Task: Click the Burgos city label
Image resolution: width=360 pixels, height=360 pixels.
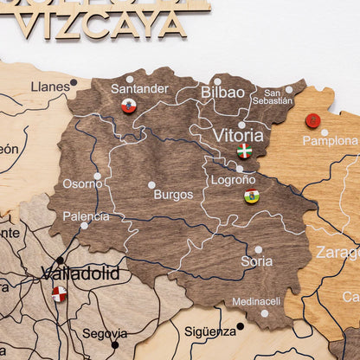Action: point(173,195)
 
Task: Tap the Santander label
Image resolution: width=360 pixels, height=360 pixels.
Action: point(139,88)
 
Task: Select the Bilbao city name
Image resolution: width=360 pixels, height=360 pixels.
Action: point(222,92)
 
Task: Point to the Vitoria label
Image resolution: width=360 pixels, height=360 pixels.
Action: point(238,135)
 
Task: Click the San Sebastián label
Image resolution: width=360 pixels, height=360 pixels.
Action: point(272,96)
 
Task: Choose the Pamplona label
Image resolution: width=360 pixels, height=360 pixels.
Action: point(330,140)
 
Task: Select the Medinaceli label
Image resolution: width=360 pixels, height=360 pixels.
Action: point(256,302)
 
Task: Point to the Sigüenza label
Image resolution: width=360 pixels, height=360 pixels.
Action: point(209,331)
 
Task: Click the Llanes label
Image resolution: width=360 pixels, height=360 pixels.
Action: point(50,87)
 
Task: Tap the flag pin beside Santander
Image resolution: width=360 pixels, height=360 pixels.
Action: point(128,106)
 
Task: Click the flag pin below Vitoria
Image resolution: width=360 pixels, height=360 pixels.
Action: point(245,151)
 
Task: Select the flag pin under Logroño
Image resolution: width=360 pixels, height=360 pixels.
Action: point(252,196)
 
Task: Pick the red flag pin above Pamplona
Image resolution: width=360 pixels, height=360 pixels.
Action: point(312,120)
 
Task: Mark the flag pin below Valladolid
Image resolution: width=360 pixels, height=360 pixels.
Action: point(59,293)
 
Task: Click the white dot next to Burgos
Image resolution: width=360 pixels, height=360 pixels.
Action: point(151,184)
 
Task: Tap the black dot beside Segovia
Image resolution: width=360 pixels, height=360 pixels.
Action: point(114,344)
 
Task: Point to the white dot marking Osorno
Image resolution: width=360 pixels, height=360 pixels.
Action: point(97,176)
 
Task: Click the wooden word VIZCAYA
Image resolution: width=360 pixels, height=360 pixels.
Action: point(101,23)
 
